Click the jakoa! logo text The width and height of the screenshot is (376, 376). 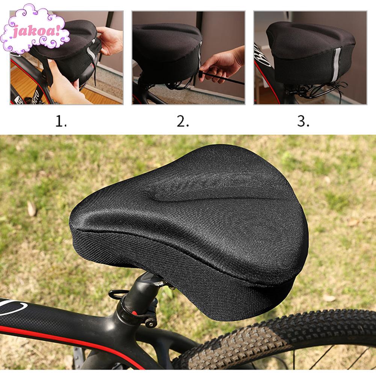click(x=36, y=31)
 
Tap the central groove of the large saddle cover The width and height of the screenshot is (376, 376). click(x=211, y=192)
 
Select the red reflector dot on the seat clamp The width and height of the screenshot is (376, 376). click(x=135, y=313)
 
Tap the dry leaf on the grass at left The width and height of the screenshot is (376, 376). click(x=32, y=208)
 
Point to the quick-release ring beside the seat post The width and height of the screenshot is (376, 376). click(x=118, y=294)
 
